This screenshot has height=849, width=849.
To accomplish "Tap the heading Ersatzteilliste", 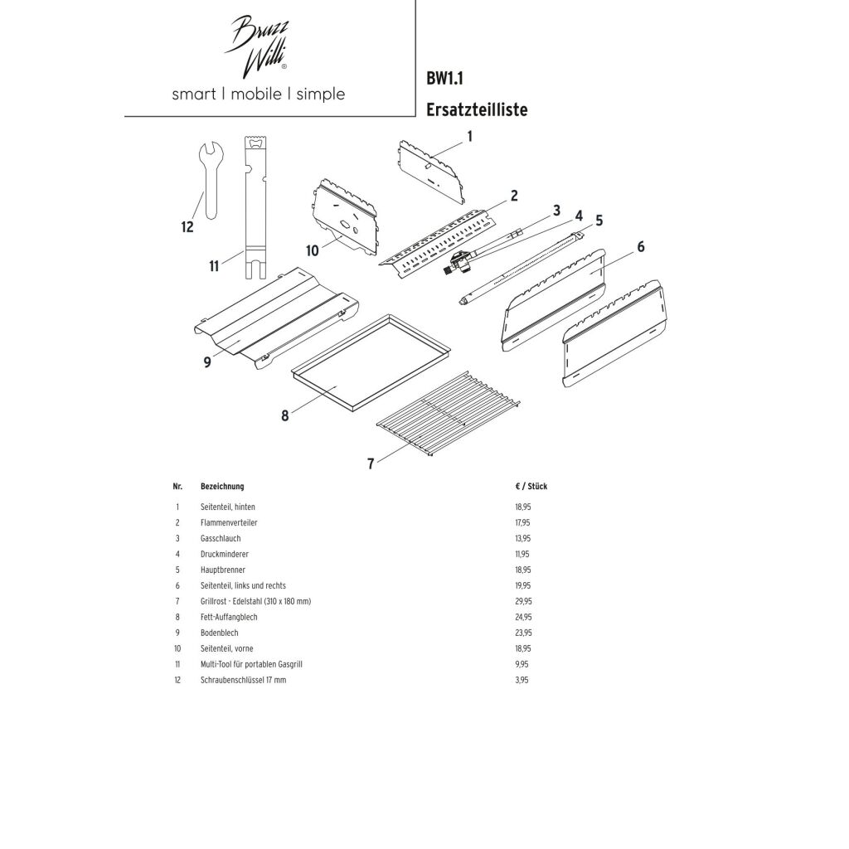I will click(x=476, y=109).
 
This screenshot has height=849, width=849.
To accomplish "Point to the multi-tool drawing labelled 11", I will click(x=254, y=207).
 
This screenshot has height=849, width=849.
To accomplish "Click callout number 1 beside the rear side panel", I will click(x=469, y=136).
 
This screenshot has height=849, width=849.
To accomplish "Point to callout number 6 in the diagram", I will click(x=639, y=246).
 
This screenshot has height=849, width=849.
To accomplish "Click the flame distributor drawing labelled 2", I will click(x=435, y=241).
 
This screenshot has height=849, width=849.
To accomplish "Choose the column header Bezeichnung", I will click(x=222, y=487).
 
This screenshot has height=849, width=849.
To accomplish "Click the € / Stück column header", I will click(x=531, y=487).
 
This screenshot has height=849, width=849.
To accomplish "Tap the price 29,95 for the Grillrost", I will click(x=522, y=601).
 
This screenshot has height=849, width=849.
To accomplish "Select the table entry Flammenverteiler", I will click(x=227, y=522).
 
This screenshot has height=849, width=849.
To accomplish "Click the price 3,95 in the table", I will click(x=521, y=680).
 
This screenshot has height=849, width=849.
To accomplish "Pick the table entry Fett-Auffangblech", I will click(x=230, y=617).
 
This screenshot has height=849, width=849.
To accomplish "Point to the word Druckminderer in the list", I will click(x=225, y=554).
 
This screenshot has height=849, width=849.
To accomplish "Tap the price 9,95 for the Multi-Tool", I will click(x=521, y=664).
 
